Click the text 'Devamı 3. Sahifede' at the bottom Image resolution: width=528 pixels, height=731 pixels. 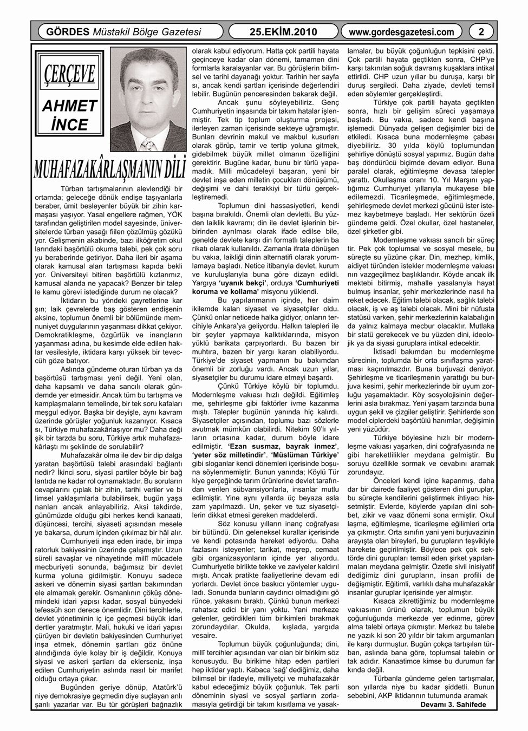[453, 704]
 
